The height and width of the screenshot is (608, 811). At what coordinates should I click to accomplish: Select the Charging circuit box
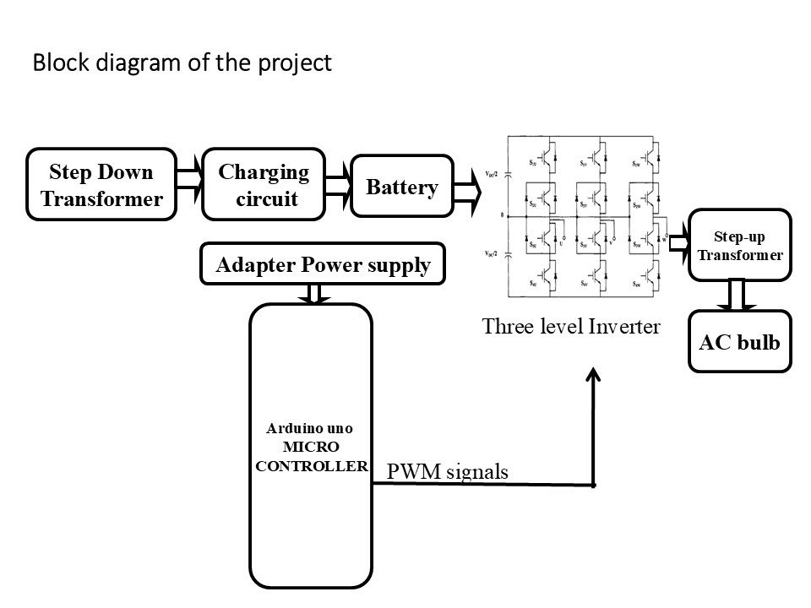pyautogui.click(x=264, y=185)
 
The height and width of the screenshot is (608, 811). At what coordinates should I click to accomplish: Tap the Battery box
pyautogui.click(x=401, y=187)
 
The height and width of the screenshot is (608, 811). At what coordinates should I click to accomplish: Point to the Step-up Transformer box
pyautogui.click(x=740, y=245)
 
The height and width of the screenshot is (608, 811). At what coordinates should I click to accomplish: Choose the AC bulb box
pyautogui.click(x=740, y=342)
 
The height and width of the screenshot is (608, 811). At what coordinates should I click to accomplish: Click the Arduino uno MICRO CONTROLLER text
pyautogui.click(x=311, y=447)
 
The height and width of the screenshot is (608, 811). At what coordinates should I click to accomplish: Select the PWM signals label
pyautogui.click(x=448, y=472)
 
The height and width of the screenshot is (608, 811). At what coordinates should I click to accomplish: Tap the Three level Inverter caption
pyautogui.click(x=570, y=327)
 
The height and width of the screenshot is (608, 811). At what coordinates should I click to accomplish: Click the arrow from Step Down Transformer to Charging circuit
pyautogui.click(x=189, y=185)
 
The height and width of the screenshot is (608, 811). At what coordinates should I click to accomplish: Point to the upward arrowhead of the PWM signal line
pyautogui.click(x=595, y=377)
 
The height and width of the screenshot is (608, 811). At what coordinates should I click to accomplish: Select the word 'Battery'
pyautogui.click(x=401, y=187)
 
